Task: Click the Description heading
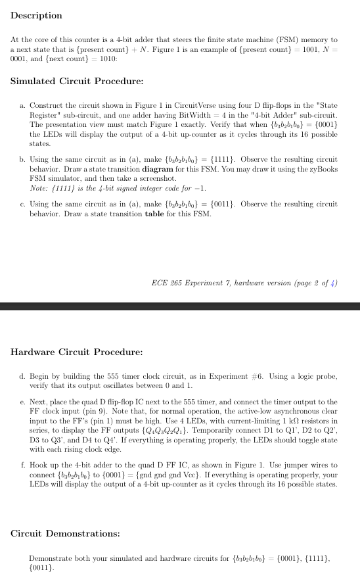(x=36, y=15)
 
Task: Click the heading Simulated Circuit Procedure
(x=78, y=82)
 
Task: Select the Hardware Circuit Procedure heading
(x=77, y=352)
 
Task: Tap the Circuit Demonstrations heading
(x=65, y=533)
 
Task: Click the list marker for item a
(x=23, y=105)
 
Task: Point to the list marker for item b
(x=23, y=159)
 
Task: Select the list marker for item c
(x=23, y=204)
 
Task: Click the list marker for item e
(x=23, y=401)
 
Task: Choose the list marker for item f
(x=23, y=465)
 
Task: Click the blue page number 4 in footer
(x=334, y=283)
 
